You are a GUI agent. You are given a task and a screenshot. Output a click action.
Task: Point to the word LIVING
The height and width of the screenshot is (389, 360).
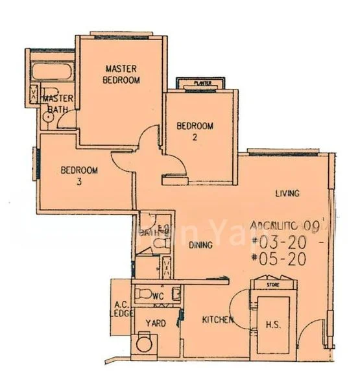[285, 193]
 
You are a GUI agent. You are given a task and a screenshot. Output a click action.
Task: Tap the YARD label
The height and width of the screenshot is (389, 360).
[156, 323]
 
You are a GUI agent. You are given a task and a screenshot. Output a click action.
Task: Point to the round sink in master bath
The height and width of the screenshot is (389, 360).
[47, 116]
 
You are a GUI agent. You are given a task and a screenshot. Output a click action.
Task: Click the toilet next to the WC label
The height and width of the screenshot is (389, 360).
[143, 296]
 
